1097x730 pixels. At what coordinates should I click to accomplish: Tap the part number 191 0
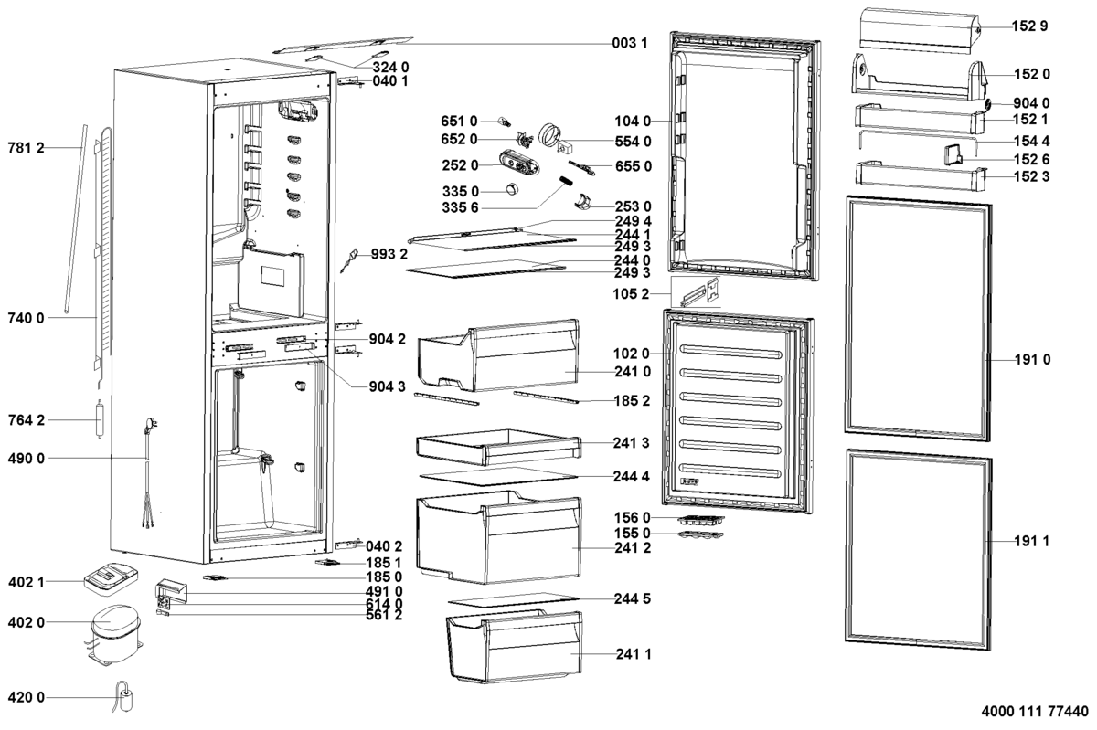tap(1031, 360)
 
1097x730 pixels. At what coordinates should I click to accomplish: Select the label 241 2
tap(633, 548)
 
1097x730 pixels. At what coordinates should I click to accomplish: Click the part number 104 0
tap(633, 121)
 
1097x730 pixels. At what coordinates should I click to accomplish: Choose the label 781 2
tap(26, 147)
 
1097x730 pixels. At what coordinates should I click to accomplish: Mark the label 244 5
tap(633, 599)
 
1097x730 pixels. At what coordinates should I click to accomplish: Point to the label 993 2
tap(389, 254)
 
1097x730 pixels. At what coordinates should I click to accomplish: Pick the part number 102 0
tap(633, 354)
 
